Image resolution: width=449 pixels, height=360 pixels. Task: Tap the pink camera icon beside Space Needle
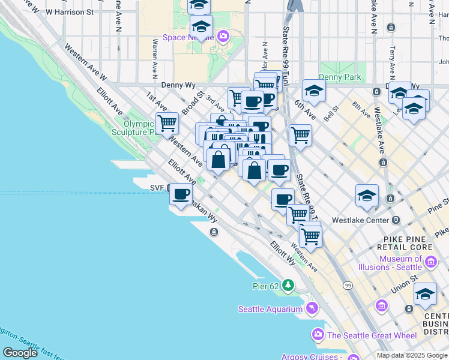(x=223, y=37)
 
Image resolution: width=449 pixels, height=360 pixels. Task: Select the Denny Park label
(x=340, y=77)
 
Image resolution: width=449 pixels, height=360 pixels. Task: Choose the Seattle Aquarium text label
(x=270, y=309)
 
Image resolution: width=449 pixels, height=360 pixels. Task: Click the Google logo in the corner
(x=20, y=353)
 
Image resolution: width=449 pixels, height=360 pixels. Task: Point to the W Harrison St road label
(x=70, y=11)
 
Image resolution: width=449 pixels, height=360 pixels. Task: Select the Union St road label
(x=406, y=283)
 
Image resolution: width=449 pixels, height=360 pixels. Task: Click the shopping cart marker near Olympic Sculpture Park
(x=167, y=124)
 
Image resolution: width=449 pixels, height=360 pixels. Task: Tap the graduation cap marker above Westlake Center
(x=367, y=196)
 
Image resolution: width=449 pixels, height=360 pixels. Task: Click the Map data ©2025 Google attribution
(x=412, y=355)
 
